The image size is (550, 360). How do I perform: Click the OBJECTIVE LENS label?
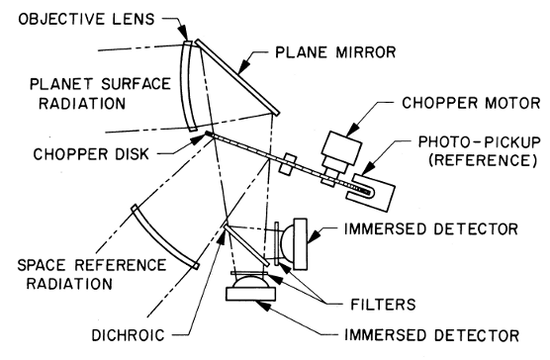click(86, 19)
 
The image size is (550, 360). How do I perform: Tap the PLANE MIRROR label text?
click(335, 52)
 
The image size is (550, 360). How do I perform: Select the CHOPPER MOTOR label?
click(471, 103)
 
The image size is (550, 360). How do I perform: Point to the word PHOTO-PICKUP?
click(479, 142)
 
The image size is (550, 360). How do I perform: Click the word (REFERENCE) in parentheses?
click(483, 160)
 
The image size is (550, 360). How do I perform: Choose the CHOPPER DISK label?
click(91, 154)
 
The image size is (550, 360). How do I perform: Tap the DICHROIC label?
click(128, 335)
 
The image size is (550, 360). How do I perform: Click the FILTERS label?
click(383, 305)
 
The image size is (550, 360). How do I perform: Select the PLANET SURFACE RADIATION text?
click(100, 94)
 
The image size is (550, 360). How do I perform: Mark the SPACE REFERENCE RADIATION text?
click(92, 274)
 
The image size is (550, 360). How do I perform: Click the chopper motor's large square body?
click(342, 147)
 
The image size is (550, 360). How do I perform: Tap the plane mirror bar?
click(237, 77)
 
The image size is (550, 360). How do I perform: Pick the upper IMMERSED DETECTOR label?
click(431, 228)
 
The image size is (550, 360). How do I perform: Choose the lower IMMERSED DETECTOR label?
click(432, 335)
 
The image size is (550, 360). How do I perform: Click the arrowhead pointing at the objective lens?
click(183, 34)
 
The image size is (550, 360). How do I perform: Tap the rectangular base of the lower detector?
click(250, 294)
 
